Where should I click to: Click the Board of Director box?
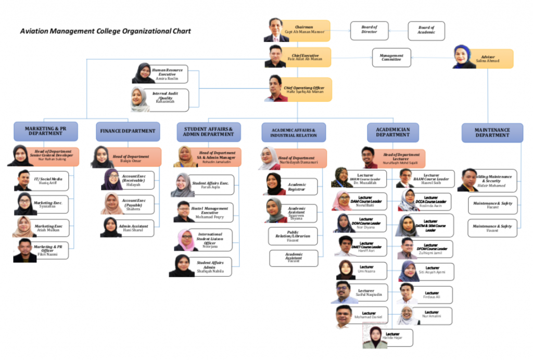(369, 31)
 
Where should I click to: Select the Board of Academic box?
(426, 31)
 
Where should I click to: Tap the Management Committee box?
(391, 58)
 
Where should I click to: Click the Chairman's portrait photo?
(276, 30)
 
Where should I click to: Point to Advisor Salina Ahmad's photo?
(464, 57)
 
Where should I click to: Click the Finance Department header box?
(128, 131)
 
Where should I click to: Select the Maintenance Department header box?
(491, 132)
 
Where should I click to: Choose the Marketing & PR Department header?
(46, 131)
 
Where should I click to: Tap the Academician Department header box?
(392, 132)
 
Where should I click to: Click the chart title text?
(105, 31)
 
